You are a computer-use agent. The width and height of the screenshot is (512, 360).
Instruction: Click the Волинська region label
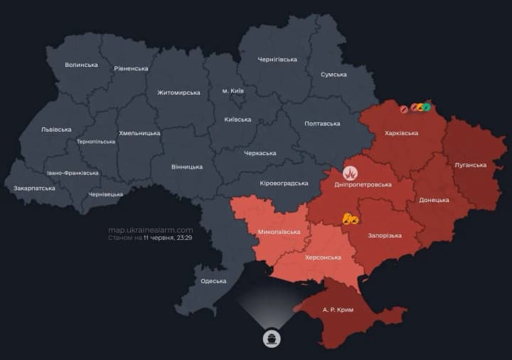click(81, 65)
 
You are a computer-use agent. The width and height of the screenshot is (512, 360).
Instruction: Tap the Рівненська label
click(131, 69)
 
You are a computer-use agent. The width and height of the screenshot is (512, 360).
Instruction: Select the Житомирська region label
click(178, 92)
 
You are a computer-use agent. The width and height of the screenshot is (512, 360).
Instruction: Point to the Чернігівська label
click(277, 59)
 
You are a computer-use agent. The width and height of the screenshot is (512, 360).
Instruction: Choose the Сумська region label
click(334, 75)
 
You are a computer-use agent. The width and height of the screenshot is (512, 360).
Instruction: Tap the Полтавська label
click(322, 124)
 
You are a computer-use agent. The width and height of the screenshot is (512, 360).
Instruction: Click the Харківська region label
click(402, 133)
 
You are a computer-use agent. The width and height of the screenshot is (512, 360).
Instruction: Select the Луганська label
click(470, 165)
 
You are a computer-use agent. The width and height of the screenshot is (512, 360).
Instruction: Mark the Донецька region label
click(434, 200)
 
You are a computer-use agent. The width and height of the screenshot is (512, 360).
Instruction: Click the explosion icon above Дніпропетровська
click(350, 172)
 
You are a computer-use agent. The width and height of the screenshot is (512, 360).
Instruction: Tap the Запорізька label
click(385, 235)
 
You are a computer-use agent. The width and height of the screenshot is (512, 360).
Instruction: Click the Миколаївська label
click(278, 233)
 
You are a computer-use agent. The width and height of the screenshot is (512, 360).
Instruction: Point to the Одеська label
click(213, 281)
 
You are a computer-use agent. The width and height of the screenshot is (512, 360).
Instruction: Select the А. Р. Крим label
click(338, 310)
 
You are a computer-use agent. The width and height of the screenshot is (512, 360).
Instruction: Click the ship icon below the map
click(271, 337)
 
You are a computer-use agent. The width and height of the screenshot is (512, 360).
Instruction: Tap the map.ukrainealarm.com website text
click(150, 230)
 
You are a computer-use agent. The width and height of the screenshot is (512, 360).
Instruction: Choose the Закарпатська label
click(34, 189)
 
